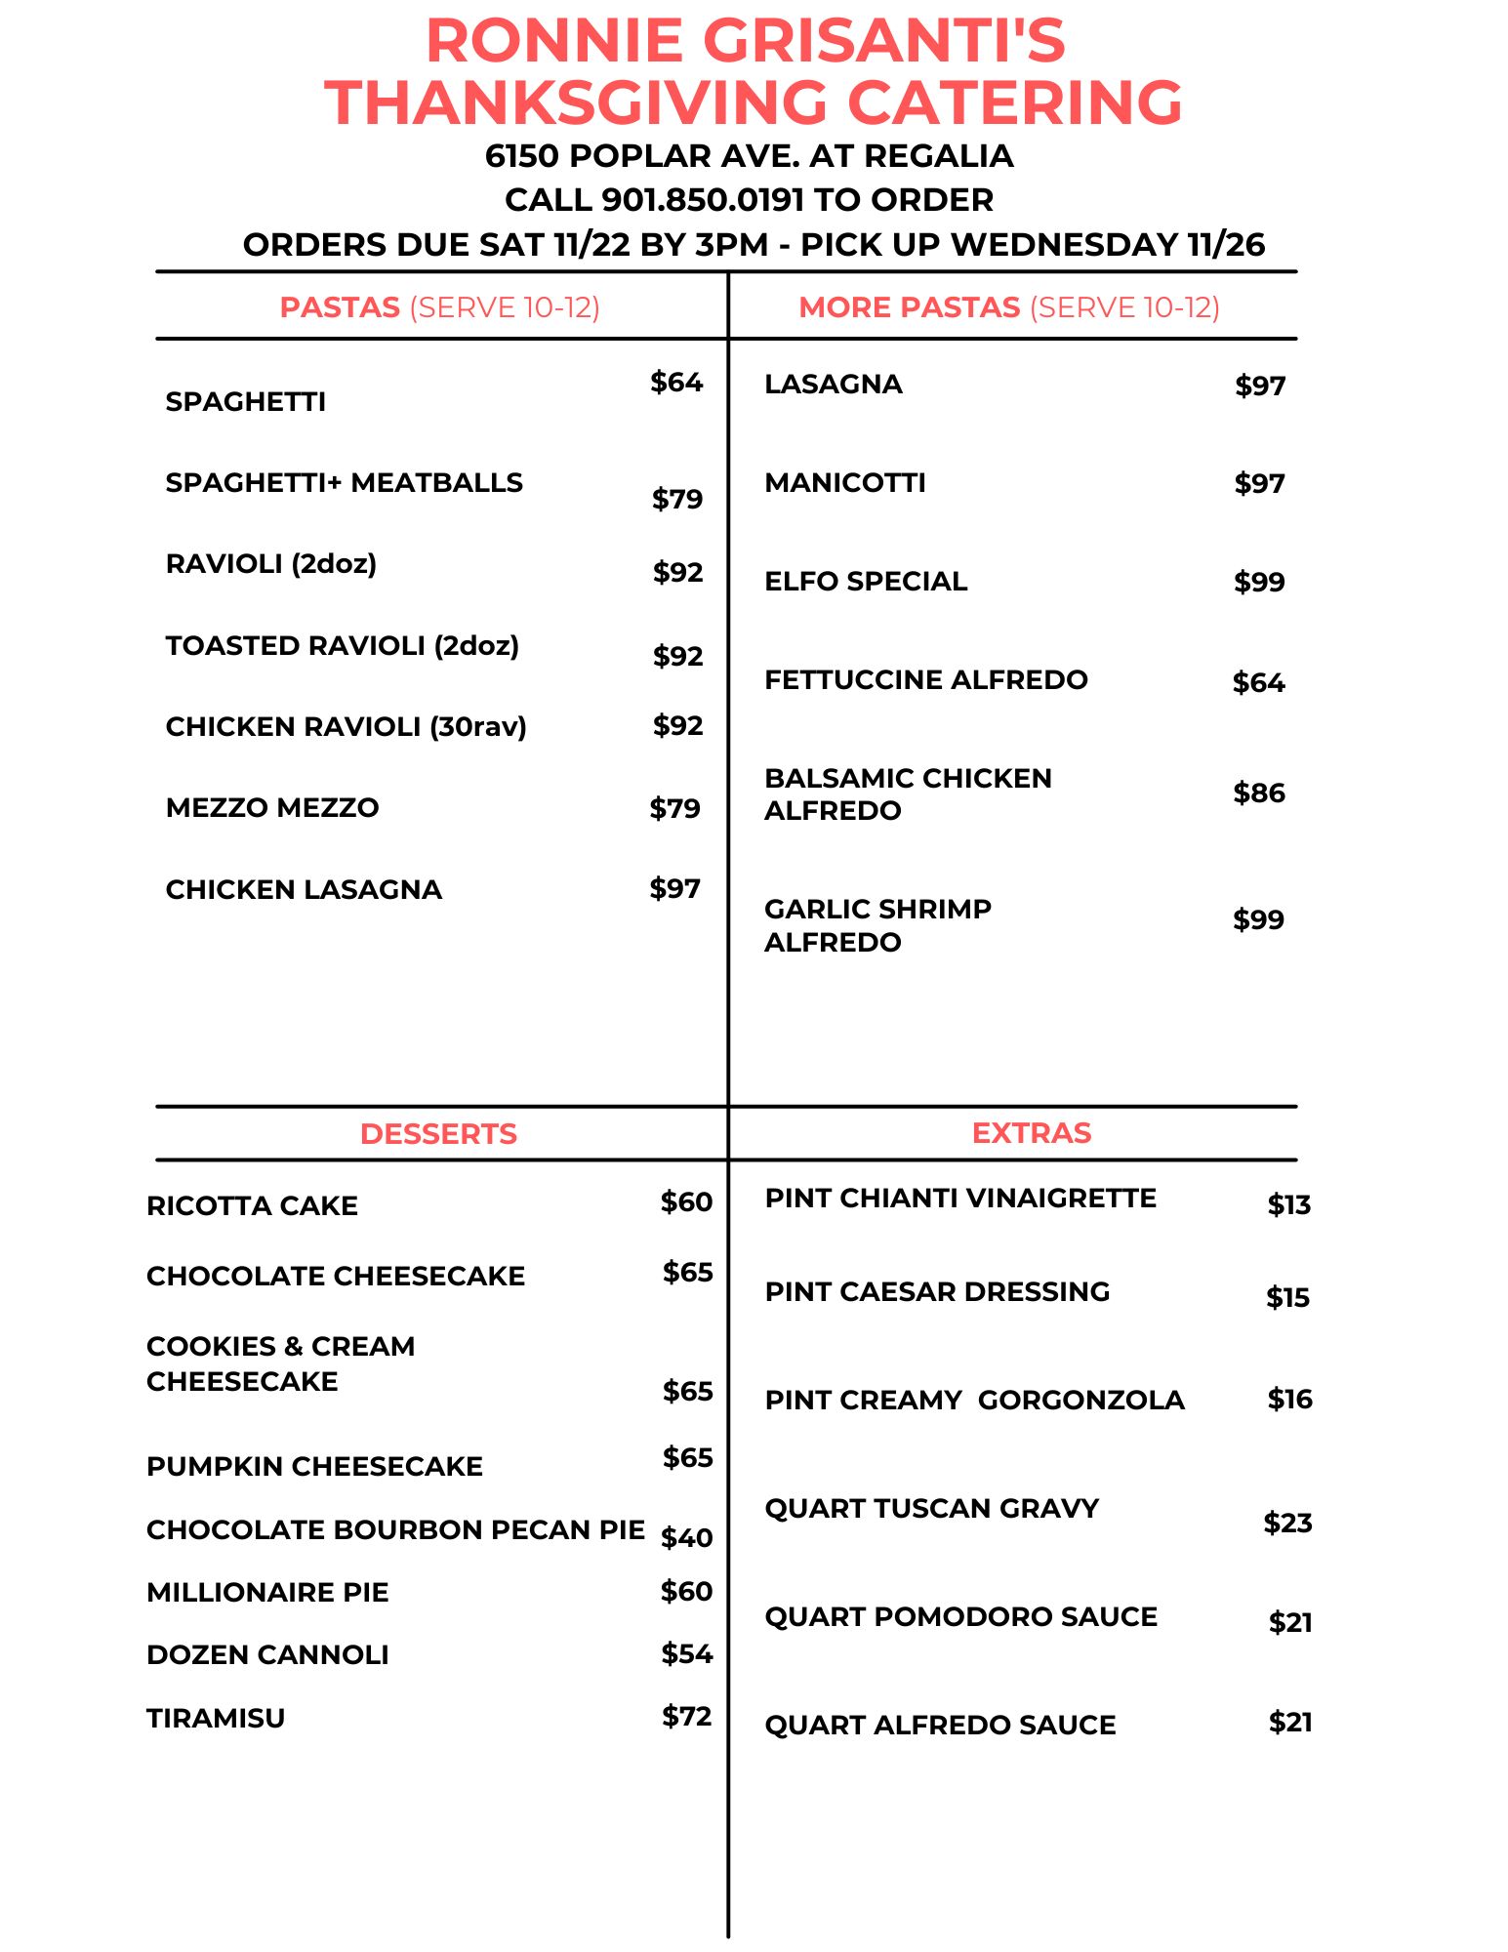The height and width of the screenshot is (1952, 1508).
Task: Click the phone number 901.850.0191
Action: pos(702,200)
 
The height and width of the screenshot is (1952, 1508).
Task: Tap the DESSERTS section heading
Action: pos(438,1134)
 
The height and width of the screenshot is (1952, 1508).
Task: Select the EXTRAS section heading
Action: pos(1031,1133)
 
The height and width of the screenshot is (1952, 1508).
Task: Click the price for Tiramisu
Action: pos(686,1716)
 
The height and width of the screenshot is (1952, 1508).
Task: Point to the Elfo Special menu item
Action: pos(866,582)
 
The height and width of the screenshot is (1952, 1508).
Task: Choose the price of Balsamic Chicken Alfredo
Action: pos(1258,793)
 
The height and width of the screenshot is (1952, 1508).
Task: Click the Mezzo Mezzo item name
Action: pos(272,808)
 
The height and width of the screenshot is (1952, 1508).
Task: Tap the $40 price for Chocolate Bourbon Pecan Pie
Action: pos(686,1538)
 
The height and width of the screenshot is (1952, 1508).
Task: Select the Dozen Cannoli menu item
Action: pos(267,1655)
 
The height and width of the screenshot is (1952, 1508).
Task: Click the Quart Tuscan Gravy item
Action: pos(931,1509)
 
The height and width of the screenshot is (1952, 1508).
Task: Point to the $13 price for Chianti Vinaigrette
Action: pos(1288,1205)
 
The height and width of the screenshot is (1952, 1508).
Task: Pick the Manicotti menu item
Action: pos(845,483)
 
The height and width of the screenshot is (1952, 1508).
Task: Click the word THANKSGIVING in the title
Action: pos(577,102)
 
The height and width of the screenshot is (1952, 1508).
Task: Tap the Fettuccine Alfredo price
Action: pos(1258,682)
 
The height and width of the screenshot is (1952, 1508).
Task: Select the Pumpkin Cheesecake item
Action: pos(314,1467)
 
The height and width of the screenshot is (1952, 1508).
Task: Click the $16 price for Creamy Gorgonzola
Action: pos(1289,1400)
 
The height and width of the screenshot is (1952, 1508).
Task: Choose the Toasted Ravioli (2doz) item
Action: pos(342,646)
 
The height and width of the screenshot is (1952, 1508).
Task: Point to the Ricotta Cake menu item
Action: pos(252,1206)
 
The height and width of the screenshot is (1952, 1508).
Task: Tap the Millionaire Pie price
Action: pos(686,1592)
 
